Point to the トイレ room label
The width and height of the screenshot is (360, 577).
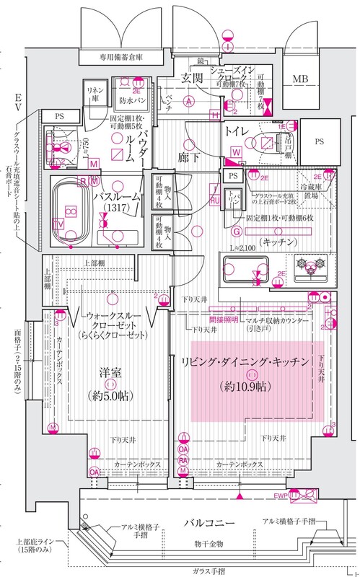point(237,132)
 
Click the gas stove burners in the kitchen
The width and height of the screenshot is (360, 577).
point(314,265)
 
